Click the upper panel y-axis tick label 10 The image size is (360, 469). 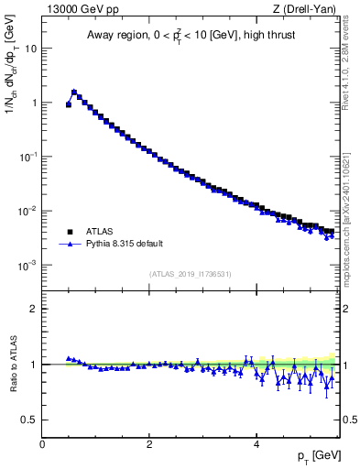pos(30,49)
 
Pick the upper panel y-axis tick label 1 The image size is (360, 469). pos(34,103)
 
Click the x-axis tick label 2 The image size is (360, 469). pos(149,444)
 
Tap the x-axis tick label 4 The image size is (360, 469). pos(256,444)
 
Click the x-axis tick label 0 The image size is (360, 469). pos(42,444)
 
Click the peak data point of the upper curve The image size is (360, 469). pos(74,92)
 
